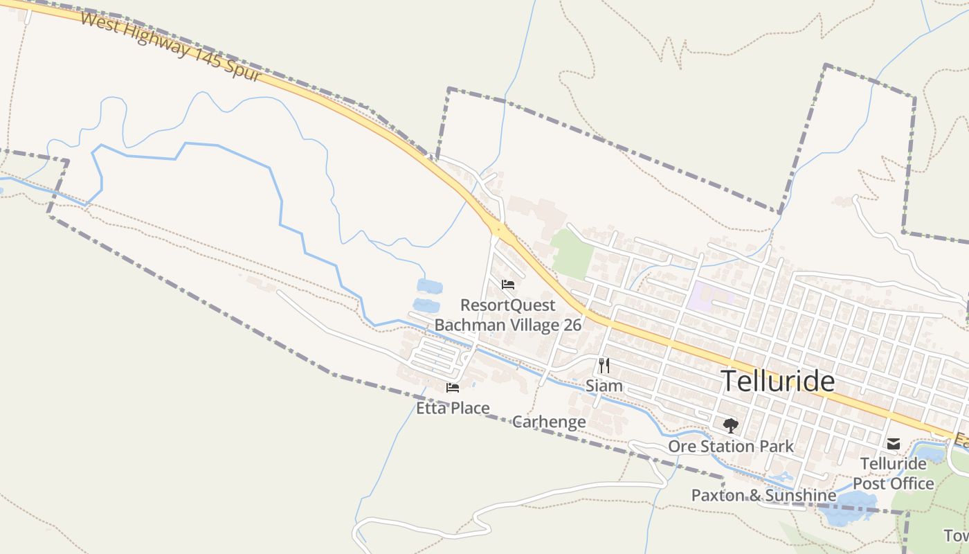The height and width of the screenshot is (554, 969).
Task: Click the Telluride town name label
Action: pos(777,382)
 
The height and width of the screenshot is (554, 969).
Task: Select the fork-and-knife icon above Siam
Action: pos(604,365)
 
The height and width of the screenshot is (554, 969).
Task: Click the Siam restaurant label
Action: pos(604,386)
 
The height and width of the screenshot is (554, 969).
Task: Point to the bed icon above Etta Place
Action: pos(453,388)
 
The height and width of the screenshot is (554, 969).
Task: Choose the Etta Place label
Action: pos(453,408)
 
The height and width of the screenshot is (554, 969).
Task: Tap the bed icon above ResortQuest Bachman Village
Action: pos(508,284)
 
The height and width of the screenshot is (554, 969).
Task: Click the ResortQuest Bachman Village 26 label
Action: pos(507,315)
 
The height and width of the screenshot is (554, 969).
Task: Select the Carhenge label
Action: pos(549,422)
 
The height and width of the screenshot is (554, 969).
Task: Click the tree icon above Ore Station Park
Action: pos(730,426)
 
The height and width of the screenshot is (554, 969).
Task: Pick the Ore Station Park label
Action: pos(731,446)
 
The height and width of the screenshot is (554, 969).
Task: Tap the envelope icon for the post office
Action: pos(894,443)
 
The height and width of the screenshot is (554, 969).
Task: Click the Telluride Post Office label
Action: pos(893,473)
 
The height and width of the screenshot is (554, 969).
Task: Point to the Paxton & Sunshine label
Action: pos(763,495)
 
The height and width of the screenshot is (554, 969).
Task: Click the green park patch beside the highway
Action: pos(572,254)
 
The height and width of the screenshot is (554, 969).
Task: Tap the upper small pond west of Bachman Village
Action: pos(430,286)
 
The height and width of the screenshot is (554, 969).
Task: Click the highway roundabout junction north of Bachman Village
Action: pos(497,229)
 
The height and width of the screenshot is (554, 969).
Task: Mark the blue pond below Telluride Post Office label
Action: pos(851,508)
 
